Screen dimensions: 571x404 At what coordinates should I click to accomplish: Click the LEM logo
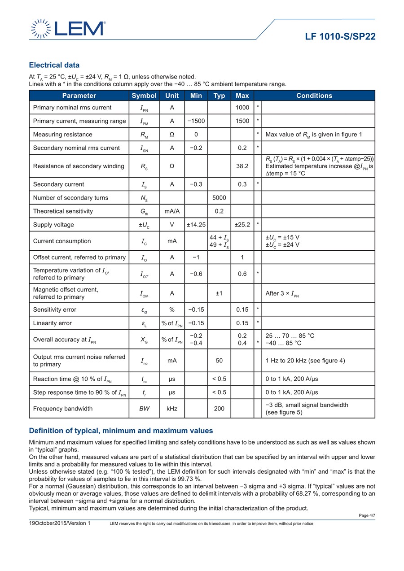pos(68,28)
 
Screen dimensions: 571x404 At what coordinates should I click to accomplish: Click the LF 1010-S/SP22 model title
pos(340,37)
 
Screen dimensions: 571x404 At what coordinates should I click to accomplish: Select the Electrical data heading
pos(54,65)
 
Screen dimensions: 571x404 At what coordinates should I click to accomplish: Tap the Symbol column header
pos(144,96)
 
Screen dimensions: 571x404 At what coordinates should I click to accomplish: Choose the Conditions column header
pos(314,96)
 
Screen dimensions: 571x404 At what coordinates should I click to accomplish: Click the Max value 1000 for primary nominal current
pos(242,108)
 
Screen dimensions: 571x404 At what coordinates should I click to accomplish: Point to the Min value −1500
pos(196,121)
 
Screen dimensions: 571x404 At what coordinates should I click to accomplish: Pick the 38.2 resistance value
pos(242,166)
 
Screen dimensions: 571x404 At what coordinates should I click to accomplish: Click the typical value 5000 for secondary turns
pos(219,198)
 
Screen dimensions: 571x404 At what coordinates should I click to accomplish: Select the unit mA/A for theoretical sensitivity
pos(172,211)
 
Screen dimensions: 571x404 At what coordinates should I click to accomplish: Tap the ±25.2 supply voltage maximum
pos(242,225)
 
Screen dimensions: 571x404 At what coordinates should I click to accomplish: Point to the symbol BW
pos(144,409)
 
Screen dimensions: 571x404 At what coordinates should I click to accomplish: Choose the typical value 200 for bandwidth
pos(219,409)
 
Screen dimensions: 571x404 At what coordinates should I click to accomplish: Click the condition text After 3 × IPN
pos(282,293)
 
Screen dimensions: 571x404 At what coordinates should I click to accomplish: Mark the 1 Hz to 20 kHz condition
pos(305,361)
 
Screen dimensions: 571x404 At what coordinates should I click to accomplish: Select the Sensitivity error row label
pos(55,309)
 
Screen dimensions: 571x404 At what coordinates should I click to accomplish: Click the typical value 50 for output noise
pos(219,361)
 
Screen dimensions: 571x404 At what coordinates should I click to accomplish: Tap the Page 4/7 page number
pos(367,515)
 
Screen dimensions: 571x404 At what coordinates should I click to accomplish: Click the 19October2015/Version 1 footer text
pos(60,523)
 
